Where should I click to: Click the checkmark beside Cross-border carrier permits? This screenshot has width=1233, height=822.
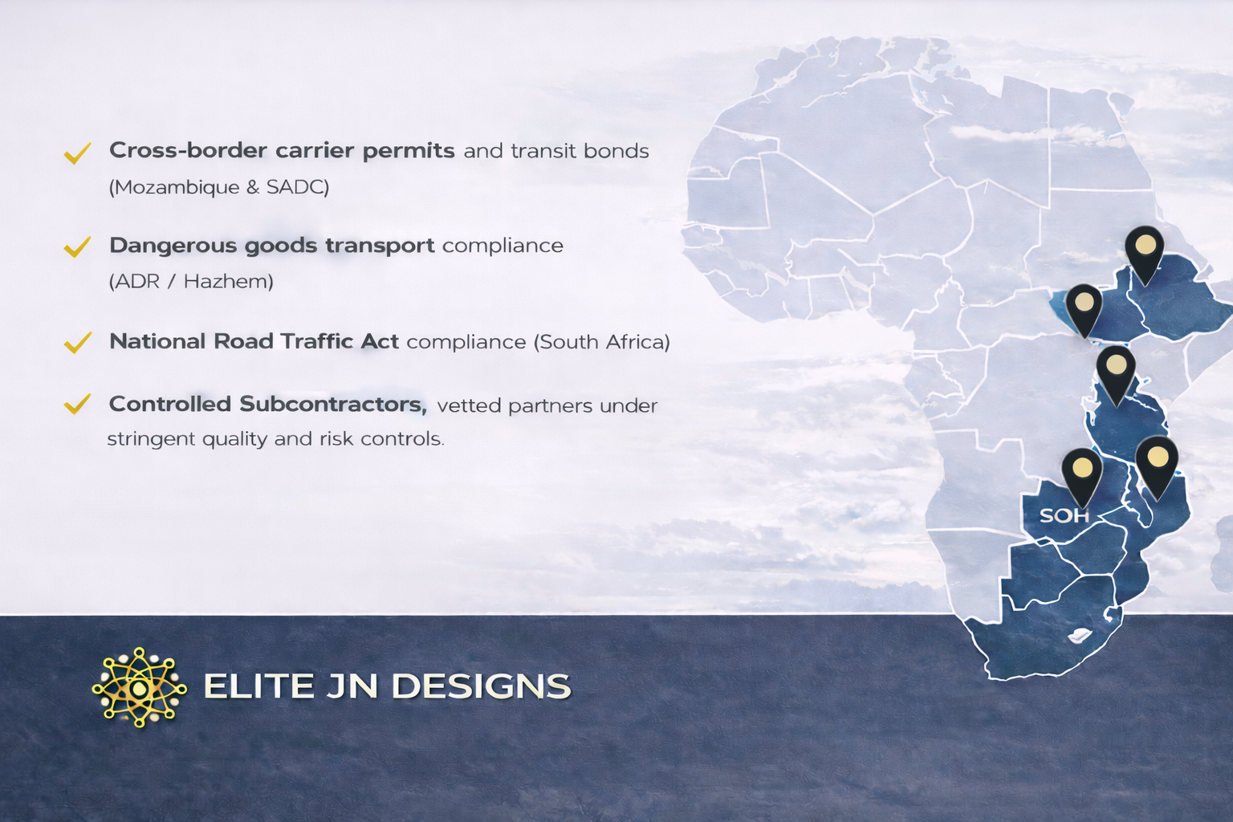point(77,153)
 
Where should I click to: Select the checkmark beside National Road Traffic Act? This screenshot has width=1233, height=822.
point(77,342)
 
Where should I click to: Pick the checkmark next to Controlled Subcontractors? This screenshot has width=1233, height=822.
point(77,404)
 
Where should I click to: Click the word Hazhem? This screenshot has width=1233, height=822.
point(225,281)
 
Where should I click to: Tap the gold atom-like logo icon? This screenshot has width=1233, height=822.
point(139,687)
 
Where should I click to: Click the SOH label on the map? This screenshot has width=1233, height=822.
point(1064,516)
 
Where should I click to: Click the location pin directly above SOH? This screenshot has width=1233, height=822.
point(1081,477)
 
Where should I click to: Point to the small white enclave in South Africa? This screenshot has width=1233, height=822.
point(1079,636)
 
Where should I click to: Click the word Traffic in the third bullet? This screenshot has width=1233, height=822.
point(316,341)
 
